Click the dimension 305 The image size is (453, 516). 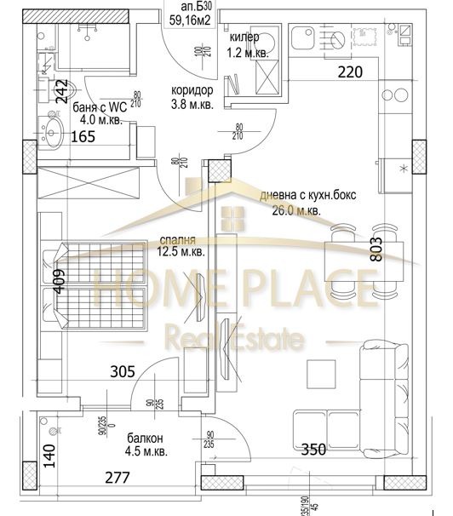(123, 371)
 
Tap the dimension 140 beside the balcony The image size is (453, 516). (49, 456)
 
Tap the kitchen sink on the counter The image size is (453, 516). (303, 38)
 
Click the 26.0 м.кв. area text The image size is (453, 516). (302, 209)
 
